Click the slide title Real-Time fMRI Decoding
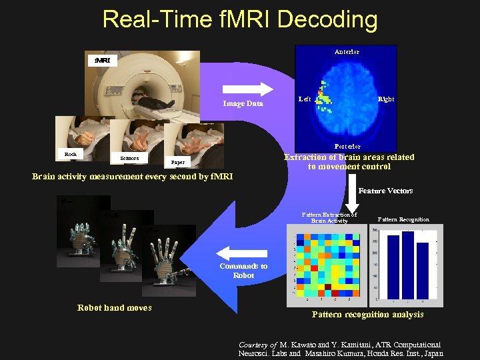click(x=240, y=19)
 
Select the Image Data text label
click(x=243, y=103)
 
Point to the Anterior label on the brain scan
click(x=347, y=52)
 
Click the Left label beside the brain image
click(x=305, y=99)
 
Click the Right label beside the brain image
click(x=385, y=99)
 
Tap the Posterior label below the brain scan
click(x=347, y=146)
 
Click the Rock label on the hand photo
click(x=71, y=154)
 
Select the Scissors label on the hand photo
click(x=129, y=158)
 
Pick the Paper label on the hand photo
click(x=178, y=162)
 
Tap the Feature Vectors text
click(x=385, y=191)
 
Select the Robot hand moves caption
click(x=115, y=307)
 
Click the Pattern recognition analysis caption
click(x=367, y=314)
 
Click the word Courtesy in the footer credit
click(x=253, y=345)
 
